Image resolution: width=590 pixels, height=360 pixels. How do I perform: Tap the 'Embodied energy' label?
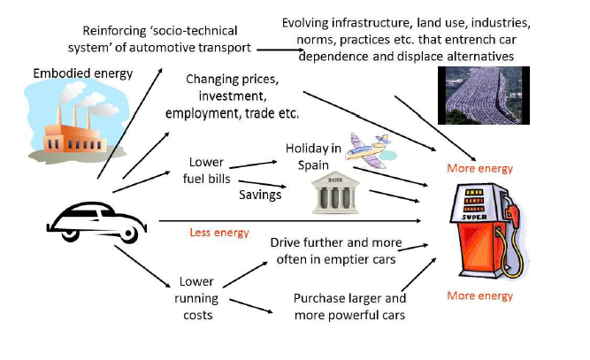tap(81, 73)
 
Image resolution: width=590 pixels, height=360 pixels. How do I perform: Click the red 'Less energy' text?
tap(218, 234)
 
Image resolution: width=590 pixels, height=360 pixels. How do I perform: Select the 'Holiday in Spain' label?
tap(311, 156)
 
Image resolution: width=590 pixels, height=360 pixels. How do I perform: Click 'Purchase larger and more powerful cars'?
tap(349, 306)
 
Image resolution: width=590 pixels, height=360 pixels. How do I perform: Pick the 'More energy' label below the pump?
tap(479, 295)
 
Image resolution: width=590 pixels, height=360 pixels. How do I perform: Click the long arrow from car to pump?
tap(292, 220)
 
